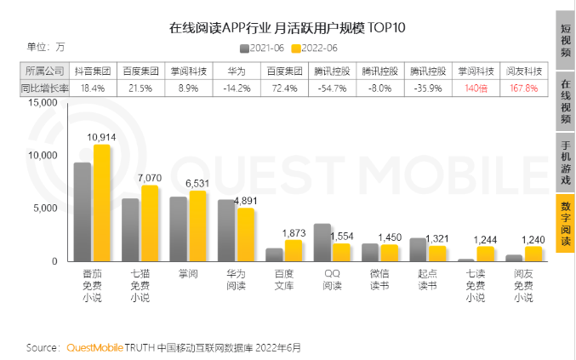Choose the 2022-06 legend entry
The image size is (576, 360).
[314, 49]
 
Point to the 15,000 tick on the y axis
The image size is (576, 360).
[41, 103]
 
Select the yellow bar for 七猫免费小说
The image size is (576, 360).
[150, 222]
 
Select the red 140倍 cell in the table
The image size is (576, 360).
[474, 88]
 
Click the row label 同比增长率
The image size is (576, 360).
[44, 88]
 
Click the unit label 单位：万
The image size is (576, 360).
[46, 47]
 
